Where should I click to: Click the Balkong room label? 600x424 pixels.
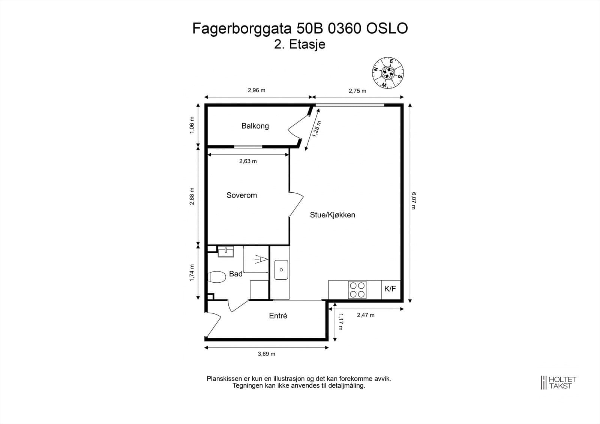point(255,126)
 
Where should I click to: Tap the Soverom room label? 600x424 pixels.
point(241,195)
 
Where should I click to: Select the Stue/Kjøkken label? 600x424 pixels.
point(332,215)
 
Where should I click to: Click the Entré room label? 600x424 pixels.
point(278,316)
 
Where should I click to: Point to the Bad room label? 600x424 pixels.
point(235,274)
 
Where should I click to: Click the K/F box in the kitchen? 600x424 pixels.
point(390,289)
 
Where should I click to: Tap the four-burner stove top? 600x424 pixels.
point(357,290)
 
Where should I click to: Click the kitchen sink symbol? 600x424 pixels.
point(281,270)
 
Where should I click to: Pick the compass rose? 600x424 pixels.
point(388,73)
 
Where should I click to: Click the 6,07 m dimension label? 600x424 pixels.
point(414,201)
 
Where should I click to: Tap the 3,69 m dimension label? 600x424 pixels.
point(266,354)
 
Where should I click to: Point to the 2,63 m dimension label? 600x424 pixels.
point(248,162)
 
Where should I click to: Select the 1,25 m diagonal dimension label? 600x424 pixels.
point(316,129)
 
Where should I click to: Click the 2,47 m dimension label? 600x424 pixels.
point(365,315)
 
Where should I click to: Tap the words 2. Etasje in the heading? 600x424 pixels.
point(300,44)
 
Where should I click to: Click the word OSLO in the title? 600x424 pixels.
point(387,28)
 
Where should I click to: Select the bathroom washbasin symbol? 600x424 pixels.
point(226,251)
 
